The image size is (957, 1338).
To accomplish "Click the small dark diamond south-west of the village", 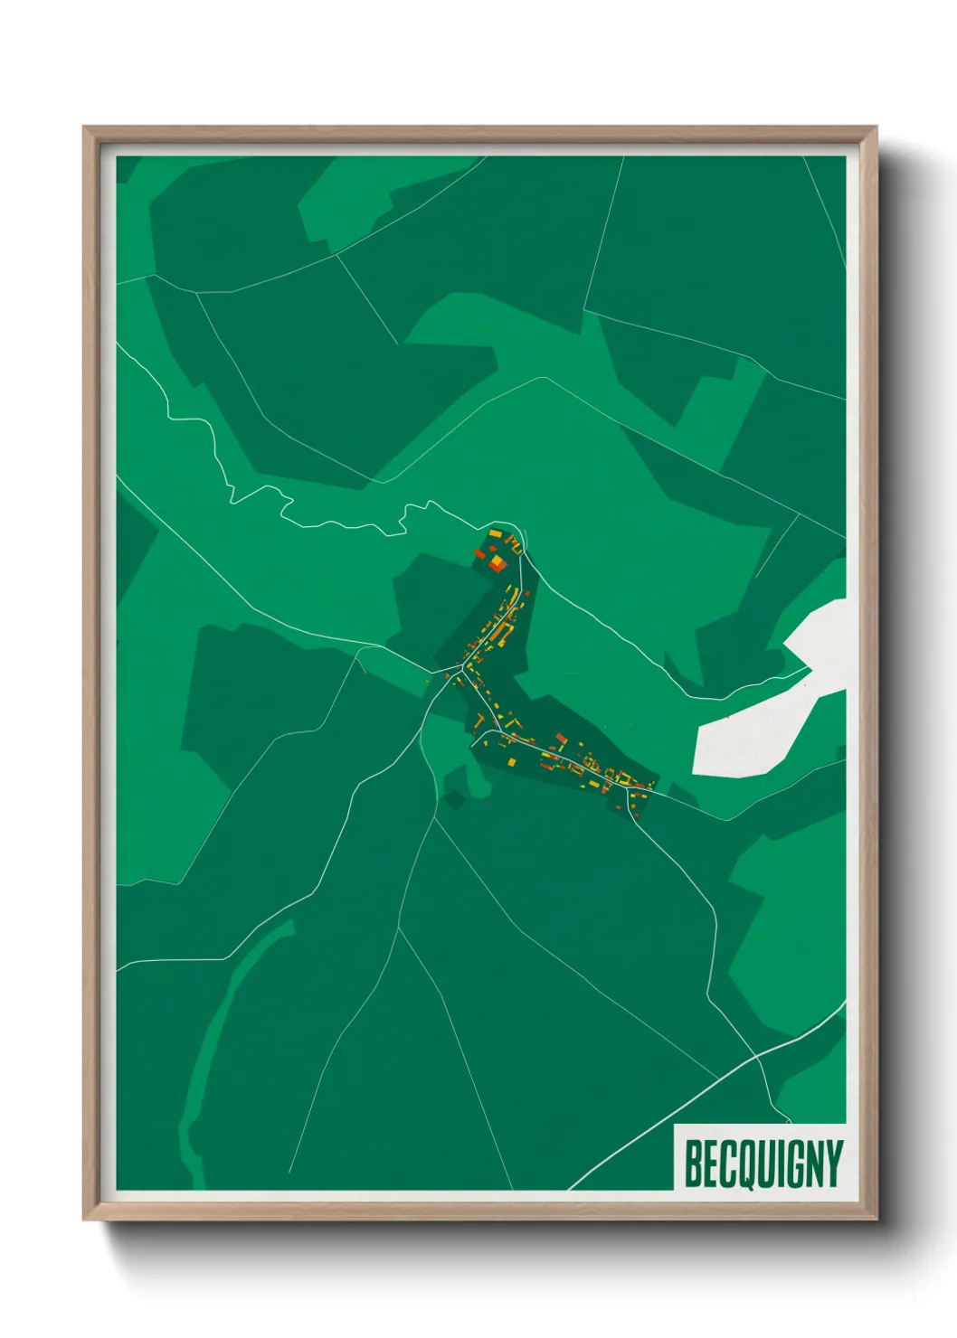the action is pyautogui.click(x=453, y=799).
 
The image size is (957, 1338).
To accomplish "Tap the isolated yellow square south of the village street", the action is pyautogui.click(x=512, y=762).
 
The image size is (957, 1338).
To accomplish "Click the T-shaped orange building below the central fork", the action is pyautogui.click(x=478, y=721).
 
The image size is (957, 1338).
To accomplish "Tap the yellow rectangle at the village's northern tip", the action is pyautogui.click(x=496, y=535).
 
